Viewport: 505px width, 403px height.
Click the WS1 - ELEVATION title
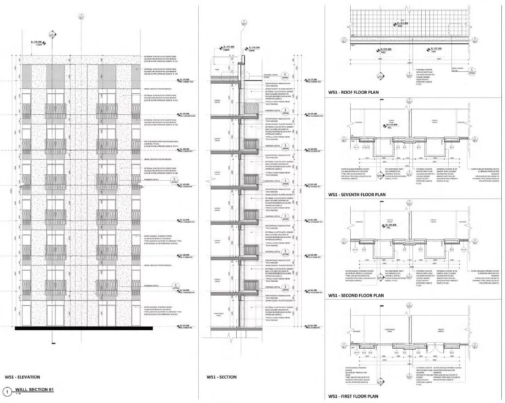tap(22, 377)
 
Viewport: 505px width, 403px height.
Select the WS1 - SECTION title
tap(222, 377)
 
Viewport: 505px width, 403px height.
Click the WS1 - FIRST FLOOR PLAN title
tap(353, 396)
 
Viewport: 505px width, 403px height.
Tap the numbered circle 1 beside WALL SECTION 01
tap(6, 391)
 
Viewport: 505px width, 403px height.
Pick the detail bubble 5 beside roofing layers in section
tap(285, 75)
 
